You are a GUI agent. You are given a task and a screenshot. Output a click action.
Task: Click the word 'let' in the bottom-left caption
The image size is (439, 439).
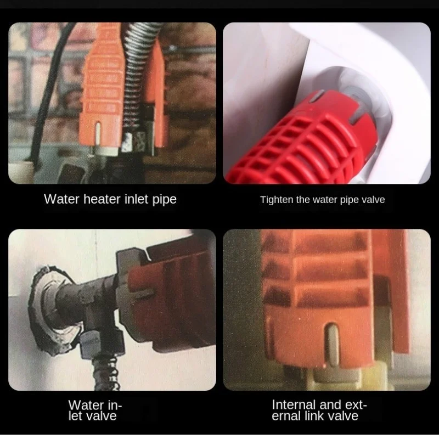pos(77,417)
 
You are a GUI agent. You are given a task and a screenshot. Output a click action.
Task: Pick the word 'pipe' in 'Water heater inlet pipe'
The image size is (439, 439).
pos(164,199)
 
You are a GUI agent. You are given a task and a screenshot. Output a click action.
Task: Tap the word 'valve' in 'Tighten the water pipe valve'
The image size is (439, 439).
pos(373,200)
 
